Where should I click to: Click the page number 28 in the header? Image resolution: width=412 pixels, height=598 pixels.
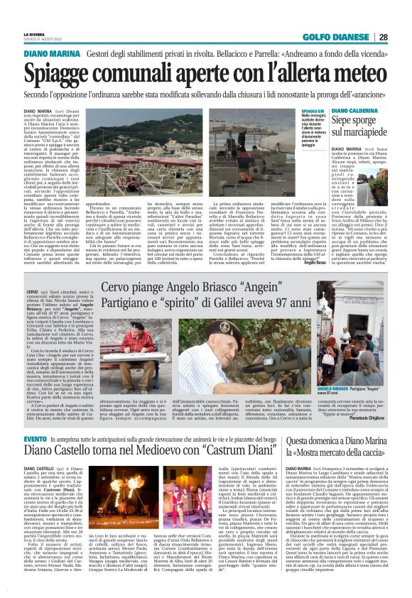[402, 37]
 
